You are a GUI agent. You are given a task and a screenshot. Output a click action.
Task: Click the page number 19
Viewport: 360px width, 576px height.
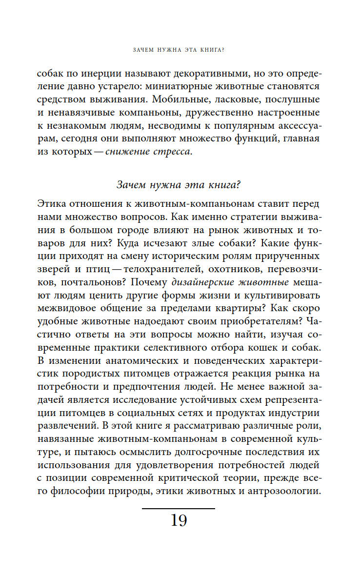(179, 520)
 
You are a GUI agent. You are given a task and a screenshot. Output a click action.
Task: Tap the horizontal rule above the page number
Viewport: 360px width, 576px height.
(179, 509)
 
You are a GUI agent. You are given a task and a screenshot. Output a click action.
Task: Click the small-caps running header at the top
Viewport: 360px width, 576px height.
(180, 49)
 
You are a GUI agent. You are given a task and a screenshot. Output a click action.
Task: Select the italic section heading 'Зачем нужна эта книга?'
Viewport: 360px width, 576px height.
(180, 185)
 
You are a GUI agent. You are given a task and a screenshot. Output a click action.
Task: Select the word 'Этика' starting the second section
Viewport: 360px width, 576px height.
(53, 203)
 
